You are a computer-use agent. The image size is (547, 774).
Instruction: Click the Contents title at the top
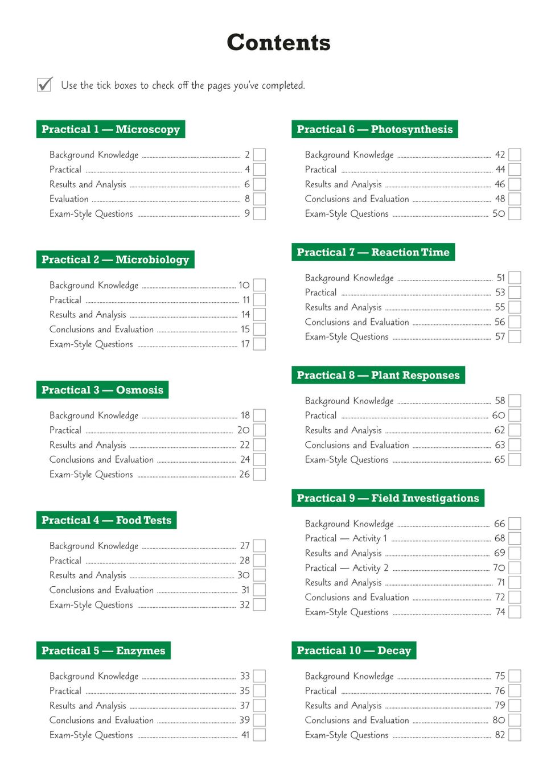pyautogui.click(x=278, y=43)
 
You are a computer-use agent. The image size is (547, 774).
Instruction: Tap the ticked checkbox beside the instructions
pyautogui.click(x=44, y=85)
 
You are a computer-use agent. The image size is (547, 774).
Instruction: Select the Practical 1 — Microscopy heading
pyautogui.click(x=110, y=129)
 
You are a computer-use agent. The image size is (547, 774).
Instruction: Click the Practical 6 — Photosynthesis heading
pyautogui.click(x=375, y=129)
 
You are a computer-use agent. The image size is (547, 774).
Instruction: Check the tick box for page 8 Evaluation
pyautogui.click(x=260, y=199)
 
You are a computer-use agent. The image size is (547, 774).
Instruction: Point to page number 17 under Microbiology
pyautogui.click(x=245, y=344)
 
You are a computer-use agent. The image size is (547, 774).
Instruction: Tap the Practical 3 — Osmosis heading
pyautogui.click(x=102, y=390)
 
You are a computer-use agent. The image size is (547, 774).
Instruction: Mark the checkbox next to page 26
pyautogui.click(x=260, y=475)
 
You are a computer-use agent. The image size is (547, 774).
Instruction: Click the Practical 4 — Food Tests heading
pyautogui.click(x=106, y=520)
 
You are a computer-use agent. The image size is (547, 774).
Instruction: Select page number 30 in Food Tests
pyautogui.click(x=244, y=575)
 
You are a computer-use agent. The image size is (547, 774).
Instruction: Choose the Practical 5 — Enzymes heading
pyautogui.click(x=104, y=651)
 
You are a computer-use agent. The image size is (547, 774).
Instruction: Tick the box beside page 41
pyautogui.click(x=260, y=735)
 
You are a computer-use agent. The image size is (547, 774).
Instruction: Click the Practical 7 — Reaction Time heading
pyautogui.click(x=373, y=252)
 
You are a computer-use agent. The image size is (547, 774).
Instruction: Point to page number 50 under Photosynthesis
pyautogui.click(x=499, y=214)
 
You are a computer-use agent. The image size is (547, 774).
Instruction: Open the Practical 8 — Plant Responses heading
pyautogui.click(x=378, y=375)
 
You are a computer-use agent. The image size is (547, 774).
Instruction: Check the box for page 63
pyautogui.click(x=515, y=445)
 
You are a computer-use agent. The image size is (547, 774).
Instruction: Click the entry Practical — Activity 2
pyautogui.click(x=347, y=568)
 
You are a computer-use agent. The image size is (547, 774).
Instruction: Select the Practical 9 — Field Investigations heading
pyautogui.click(x=388, y=498)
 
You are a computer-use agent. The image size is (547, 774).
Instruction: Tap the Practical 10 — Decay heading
pyautogui.click(x=353, y=651)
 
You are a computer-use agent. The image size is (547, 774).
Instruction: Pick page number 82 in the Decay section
pyautogui.click(x=500, y=735)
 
